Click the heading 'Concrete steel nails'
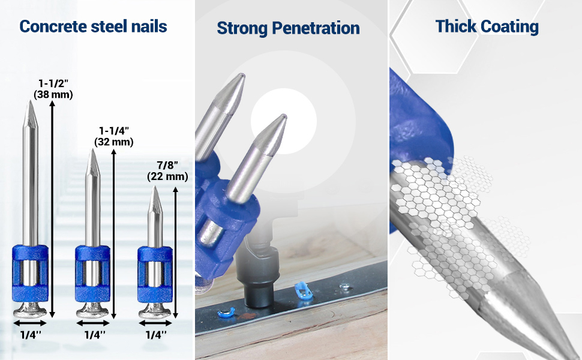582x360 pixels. tap(93, 27)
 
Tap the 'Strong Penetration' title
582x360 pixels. tap(288, 28)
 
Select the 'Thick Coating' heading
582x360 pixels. tap(487, 27)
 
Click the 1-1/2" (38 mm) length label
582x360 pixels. tap(53, 89)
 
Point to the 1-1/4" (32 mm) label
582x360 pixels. tap(113, 137)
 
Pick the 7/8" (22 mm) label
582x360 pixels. tap(167, 171)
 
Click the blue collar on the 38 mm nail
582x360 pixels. tap(30, 273)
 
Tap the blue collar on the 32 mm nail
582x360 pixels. tap(92, 273)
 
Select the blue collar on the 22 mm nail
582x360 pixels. tap(155, 274)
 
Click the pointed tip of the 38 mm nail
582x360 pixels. tap(29, 101)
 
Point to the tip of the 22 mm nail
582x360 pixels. tap(155, 187)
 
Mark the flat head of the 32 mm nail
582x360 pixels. tap(92, 310)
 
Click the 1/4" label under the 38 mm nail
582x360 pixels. tap(31, 335)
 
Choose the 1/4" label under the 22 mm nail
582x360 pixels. tap(156, 335)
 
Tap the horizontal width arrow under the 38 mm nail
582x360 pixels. tap(30, 323)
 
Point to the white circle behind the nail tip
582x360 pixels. tap(284, 121)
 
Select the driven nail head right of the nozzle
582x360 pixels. tap(346, 286)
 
